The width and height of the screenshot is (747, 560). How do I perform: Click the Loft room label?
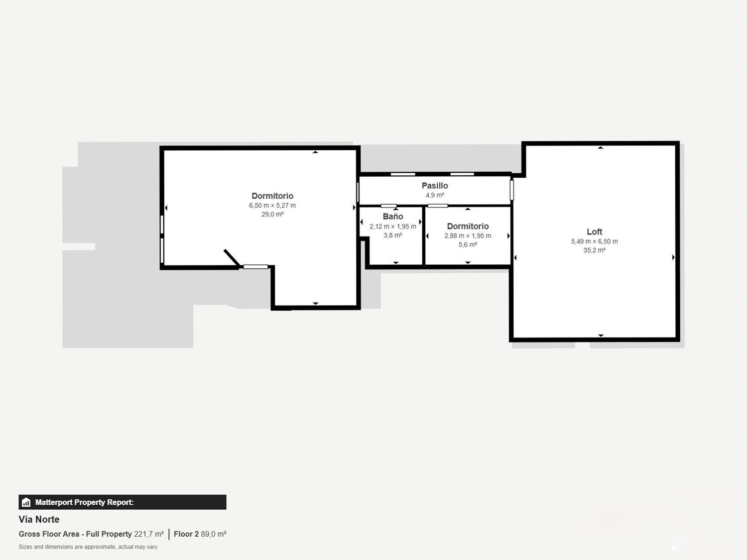click(594, 232)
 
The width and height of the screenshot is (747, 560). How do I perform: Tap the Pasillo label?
click(435, 186)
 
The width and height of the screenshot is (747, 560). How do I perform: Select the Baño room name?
click(393, 217)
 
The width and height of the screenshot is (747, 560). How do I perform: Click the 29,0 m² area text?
click(272, 215)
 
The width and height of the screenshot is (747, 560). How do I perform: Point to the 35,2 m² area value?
click(594, 250)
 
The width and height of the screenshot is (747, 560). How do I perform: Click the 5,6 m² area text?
click(468, 245)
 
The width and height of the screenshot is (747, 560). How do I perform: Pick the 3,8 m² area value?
click(393, 235)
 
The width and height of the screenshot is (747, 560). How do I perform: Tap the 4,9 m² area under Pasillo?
click(435, 195)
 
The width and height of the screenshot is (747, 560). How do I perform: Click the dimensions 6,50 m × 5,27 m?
click(272, 206)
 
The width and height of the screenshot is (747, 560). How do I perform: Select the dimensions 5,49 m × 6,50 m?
click(594, 241)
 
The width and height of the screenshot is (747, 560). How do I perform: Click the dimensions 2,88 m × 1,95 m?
click(468, 236)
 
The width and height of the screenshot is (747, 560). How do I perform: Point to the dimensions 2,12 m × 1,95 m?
click(393, 226)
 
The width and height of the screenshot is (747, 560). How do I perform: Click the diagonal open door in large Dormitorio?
click(232, 258)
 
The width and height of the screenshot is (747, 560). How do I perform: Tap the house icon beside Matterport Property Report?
click(26, 502)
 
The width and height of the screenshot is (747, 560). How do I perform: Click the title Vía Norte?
click(39, 519)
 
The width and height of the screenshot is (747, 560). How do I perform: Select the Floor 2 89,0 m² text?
click(200, 534)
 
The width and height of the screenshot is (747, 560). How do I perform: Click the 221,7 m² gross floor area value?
click(148, 534)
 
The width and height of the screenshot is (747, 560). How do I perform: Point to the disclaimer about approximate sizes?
click(88, 547)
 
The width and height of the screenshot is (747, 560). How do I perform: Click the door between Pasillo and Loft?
click(511, 190)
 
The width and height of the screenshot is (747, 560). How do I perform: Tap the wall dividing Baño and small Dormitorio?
click(423, 236)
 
